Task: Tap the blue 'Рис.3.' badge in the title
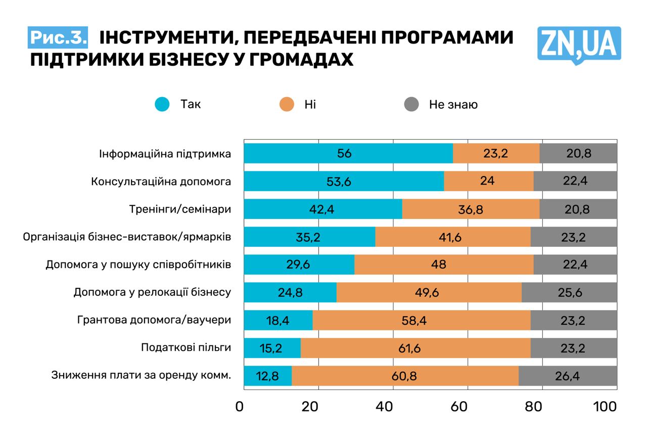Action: coord(58,37)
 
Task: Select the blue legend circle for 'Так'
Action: coord(162,105)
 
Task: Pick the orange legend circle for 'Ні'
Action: coord(286,105)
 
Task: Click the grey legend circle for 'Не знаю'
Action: coord(411,105)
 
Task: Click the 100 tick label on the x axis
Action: coord(605,406)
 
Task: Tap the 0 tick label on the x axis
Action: coord(239,406)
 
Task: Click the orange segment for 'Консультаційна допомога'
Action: coord(488,181)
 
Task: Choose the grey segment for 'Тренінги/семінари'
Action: coord(578,209)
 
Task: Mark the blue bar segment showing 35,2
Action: coord(309,237)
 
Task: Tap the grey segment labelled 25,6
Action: coord(569,292)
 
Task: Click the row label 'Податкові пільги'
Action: coord(186,347)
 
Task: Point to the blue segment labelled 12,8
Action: coord(267,376)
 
